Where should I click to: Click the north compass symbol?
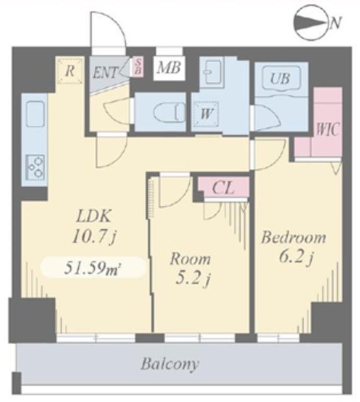[312, 23]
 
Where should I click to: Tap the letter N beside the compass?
[335, 23]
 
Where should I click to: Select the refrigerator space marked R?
[70, 71]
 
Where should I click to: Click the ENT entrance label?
[106, 72]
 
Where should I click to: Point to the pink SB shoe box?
[138, 67]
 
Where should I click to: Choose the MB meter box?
[169, 68]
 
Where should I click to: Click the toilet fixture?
[170, 112]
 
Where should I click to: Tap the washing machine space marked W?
[207, 114]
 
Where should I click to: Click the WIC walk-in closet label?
[328, 129]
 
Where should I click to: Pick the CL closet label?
[223, 188]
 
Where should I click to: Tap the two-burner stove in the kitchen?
[36, 167]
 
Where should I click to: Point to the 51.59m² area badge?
[93, 267]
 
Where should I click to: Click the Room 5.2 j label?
[190, 269]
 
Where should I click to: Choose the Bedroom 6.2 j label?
[294, 247]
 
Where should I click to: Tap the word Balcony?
[170, 364]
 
